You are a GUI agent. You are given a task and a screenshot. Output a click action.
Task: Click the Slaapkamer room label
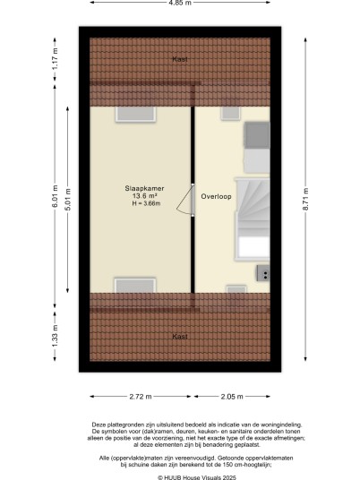pos(144,189)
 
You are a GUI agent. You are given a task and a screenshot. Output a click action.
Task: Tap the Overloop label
pos(216,196)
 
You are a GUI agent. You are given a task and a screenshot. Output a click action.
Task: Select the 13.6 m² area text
pos(144,196)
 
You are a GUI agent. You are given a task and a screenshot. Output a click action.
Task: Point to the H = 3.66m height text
pos(146,203)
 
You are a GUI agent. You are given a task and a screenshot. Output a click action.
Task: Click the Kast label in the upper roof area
pos(180,59)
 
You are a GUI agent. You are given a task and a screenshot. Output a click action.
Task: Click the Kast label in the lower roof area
pos(180,337)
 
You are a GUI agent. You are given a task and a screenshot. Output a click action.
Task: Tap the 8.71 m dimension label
pos(305,199)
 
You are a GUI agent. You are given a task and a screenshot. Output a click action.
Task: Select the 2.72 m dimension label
pos(141,397)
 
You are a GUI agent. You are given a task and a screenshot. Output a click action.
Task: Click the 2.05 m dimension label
pos(232,397)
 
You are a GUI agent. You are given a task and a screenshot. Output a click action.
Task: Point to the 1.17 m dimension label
pos(55,59)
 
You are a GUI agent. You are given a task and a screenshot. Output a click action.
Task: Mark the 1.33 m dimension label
pos(55,337)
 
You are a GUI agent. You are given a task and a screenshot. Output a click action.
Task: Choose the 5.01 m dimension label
pos(68,200)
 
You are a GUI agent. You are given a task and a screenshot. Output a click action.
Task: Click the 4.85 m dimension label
pos(180,3)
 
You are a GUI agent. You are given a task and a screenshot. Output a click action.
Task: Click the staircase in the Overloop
pos(253,219)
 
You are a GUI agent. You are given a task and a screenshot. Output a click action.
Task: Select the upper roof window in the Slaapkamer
pos(135,115)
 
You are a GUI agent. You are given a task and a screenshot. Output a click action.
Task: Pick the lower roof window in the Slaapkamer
pos(135,286)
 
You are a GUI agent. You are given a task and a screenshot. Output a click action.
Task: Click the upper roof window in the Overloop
pos(230,113)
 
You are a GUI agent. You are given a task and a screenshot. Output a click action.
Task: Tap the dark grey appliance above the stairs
pos(257,135)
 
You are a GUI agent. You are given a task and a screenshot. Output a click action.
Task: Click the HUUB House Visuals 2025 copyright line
pos(197,477)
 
